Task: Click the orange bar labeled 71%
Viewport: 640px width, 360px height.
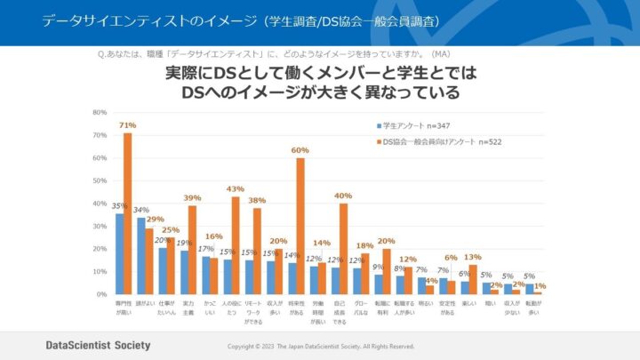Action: click(127, 213)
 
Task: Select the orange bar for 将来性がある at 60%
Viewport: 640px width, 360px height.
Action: click(300, 226)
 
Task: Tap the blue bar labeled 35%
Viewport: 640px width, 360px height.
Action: click(119, 253)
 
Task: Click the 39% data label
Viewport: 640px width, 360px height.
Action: click(192, 197)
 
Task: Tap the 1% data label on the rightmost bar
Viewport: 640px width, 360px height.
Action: click(540, 285)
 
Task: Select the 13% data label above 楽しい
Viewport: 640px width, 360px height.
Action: click(474, 257)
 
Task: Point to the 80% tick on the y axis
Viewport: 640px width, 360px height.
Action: click(100, 113)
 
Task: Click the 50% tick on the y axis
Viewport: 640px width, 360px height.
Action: click(100, 180)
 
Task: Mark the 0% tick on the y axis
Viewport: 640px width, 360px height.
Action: click(101, 293)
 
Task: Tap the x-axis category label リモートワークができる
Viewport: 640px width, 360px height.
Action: click(252, 311)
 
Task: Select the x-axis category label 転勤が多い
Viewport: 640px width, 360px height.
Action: click(532, 308)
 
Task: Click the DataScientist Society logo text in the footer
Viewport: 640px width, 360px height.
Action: click(98, 345)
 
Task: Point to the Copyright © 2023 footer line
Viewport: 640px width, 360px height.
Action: click(321, 346)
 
